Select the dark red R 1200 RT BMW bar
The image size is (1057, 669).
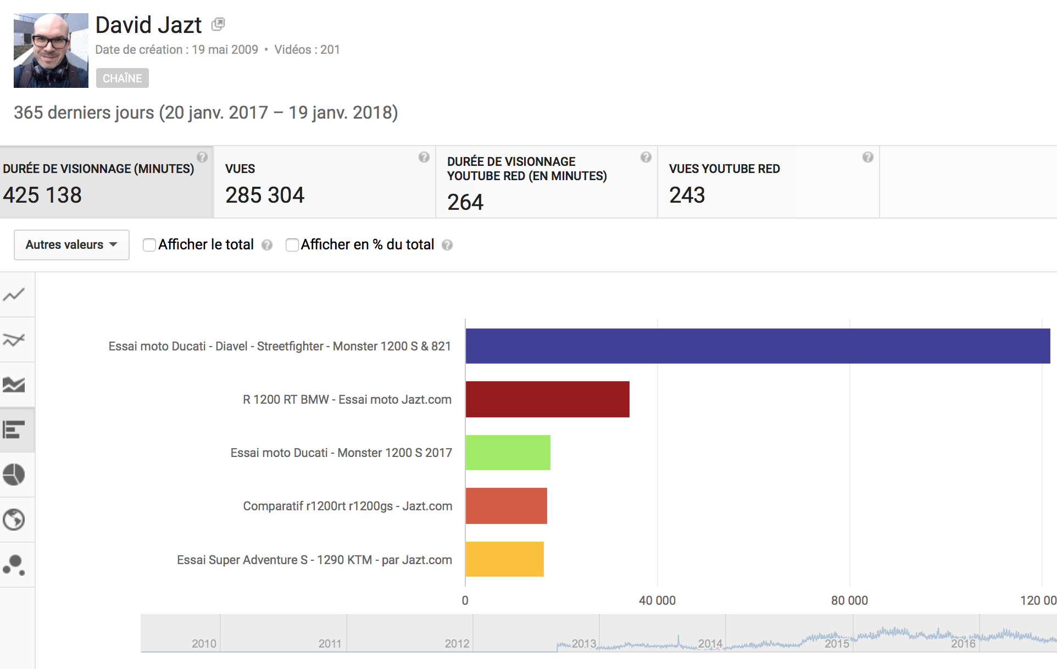pyautogui.click(x=547, y=399)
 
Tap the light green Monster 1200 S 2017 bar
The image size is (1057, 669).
pyautogui.click(x=508, y=453)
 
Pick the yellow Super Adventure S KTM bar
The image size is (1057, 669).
pyautogui.click(x=504, y=559)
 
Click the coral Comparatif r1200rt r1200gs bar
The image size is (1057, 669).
pyautogui.click(x=506, y=506)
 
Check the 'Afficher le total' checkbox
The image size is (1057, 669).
pyautogui.click(x=149, y=245)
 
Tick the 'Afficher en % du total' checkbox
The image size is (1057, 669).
pyautogui.click(x=292, y=245)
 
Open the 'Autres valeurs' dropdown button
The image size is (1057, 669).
pyautogui.click(x=71, y=245)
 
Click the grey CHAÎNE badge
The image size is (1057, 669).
pyautogui.click(x=122, y=78)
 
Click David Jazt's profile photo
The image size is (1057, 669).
pyautogui.click(x=51, y=51)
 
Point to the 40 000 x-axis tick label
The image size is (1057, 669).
pyautogui.click(x=657, y=600)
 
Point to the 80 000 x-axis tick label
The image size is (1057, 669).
pyautogui.click(x=849, y=600)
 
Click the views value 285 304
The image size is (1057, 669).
pyautogui.click(x=265, y=195)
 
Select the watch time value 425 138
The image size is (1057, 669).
pyautogui.click(x=42, y=195)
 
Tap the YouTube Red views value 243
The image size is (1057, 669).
pyautogui.click(x=687, y=195)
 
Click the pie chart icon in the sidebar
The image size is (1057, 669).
pyautogui.click(x=14, y=475)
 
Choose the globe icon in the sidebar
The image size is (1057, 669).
pyautogui.click(x=14, y=520)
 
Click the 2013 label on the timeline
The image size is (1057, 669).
pyautogui.click(x=583, y=643)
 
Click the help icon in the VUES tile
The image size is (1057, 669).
pyautogui.click(x=424, y=157)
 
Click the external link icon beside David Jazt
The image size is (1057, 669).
pyautogui.click(x=218, y=24)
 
